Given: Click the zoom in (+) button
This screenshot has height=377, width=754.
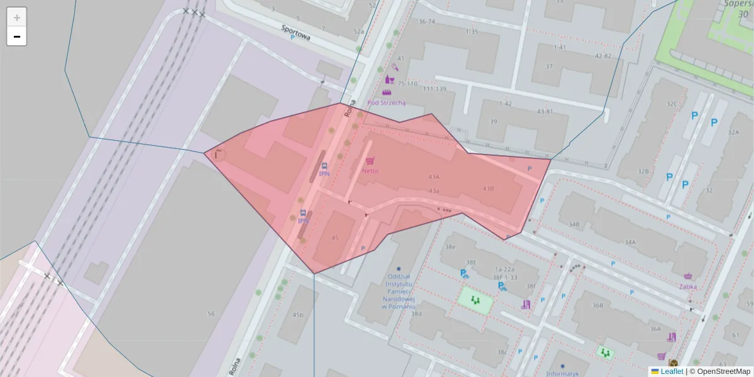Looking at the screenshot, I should [x=17, y=18].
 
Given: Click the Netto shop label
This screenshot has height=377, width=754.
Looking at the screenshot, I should [x=370, y=170].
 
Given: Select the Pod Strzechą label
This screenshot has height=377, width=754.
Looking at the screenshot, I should [x=386, y=102].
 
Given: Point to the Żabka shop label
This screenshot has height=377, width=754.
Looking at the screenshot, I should [x=687, y=287].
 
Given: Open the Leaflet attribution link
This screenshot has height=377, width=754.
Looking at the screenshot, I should [x=672, y=371].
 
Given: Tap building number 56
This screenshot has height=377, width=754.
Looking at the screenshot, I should [x=211, y=314].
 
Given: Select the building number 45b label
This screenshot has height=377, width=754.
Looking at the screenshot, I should [x=298, y=315].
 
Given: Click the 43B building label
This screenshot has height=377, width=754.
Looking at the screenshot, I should [x=488, y=188].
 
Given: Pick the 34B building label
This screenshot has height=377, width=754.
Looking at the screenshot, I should [x=574, y=224].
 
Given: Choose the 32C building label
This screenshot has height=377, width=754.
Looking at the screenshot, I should [x=672, y=104].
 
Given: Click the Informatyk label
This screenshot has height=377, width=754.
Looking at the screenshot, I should [x=562, y=374].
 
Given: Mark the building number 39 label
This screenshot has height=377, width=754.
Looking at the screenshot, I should [x=493, y=121].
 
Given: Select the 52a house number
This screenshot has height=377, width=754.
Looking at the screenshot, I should [x=358, y=31].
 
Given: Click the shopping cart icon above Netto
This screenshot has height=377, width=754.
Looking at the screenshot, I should [x=370, y=161].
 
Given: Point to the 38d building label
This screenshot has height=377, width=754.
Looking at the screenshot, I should [x=416, y=313].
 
